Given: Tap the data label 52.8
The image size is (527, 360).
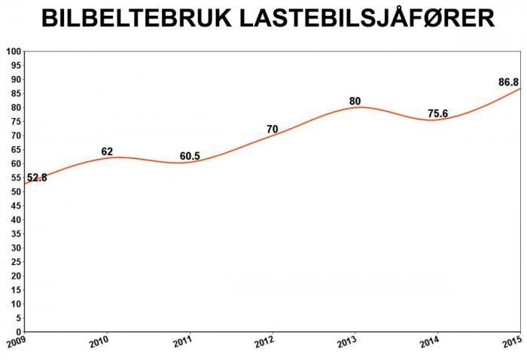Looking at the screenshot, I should (x=38, y=178).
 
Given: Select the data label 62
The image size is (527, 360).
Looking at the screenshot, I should (x=108, y=152).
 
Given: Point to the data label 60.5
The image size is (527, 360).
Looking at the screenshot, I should (x=190, y=157).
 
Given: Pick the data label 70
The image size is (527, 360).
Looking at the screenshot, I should (x=273, y=130).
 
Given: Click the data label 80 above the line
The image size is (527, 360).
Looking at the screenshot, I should (x=356, y=101).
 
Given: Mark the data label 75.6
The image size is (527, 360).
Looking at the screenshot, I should (x=438, y=114).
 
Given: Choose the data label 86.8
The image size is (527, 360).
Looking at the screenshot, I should (x=510, y=82).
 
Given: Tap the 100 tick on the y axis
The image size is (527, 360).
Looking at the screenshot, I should (x=13, y=51).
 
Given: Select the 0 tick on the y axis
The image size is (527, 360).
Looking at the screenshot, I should (x=18, y=331).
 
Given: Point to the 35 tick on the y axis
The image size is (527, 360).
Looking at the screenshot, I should (x=15, y=233).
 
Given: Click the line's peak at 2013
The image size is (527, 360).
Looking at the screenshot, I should (x=359, y=107).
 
